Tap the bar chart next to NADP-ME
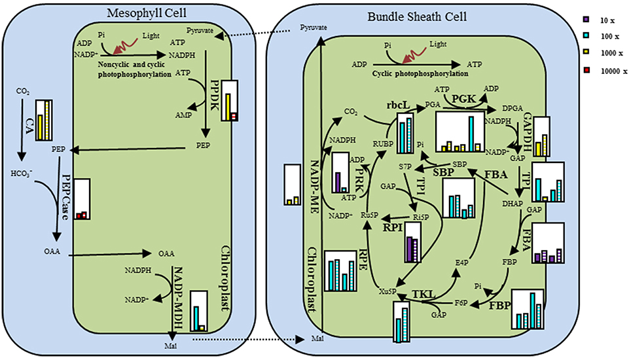pyautogui.click(x=292, y=185)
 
